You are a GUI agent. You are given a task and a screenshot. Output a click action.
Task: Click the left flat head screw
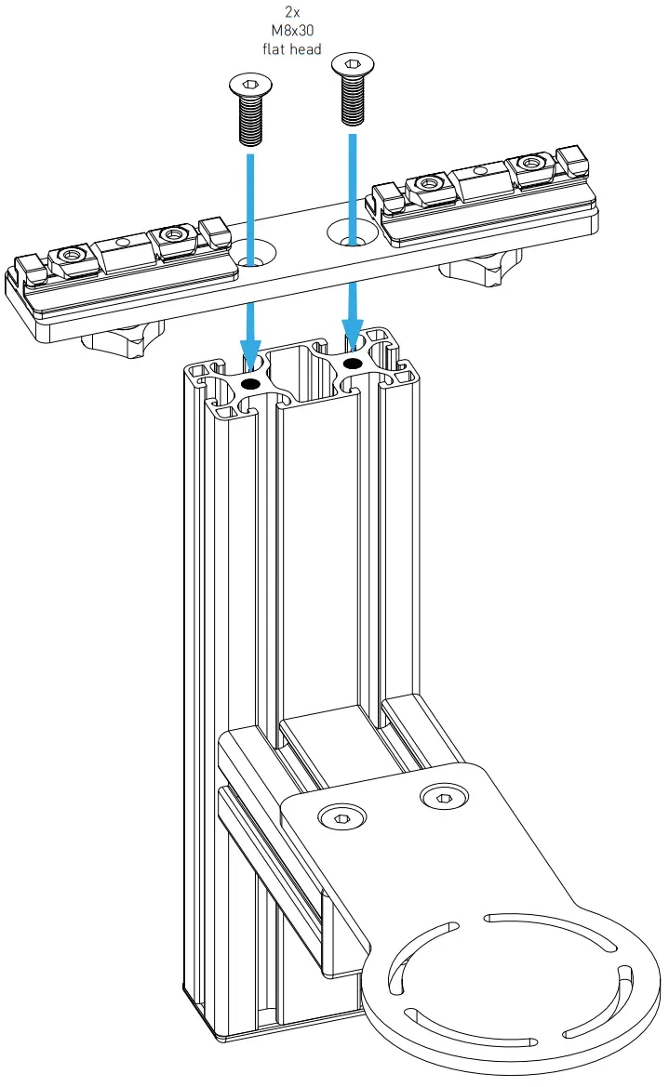click(248, 111)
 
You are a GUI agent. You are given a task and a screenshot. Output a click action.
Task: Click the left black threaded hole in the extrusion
click(249, 383)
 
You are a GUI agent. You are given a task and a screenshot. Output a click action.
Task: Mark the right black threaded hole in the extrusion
click(353, 362)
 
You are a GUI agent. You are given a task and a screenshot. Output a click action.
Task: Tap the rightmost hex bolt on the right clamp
click(533, 165)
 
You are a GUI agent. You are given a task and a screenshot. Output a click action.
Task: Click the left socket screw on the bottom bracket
click(341, 817)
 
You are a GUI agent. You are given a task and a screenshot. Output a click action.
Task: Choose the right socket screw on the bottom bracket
click(440, 795)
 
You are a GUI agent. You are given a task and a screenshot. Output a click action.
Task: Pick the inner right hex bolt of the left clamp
click(172, 234)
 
